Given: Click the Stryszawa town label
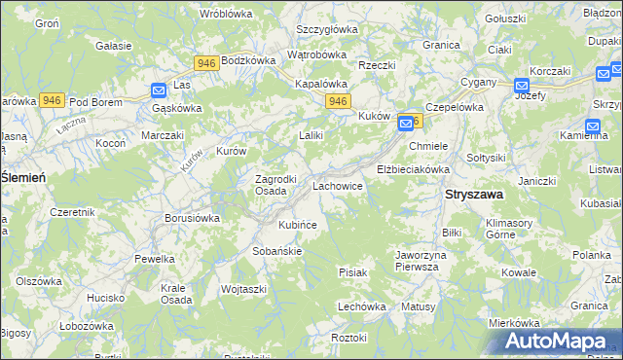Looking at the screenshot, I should click(x=474, y=195).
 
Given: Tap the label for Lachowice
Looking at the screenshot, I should click(x=338, y=185).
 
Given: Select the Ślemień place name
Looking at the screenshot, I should click(x=25, y=176).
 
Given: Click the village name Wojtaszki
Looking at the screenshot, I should click(x=243, y=289).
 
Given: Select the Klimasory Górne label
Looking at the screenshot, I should click(x=509, y=229).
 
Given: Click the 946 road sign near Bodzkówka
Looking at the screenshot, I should click(x=205, y=63).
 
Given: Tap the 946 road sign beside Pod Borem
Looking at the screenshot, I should click(x=53, y=100).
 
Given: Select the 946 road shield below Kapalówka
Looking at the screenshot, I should click(x=338, y=101).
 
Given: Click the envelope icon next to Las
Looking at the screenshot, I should click(x=159, y=90).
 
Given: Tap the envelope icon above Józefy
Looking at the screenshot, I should click(x=522, y=85).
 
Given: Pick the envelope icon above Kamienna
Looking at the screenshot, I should click(x=593, y=126).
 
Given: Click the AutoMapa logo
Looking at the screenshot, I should click(x=559, y=342).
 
